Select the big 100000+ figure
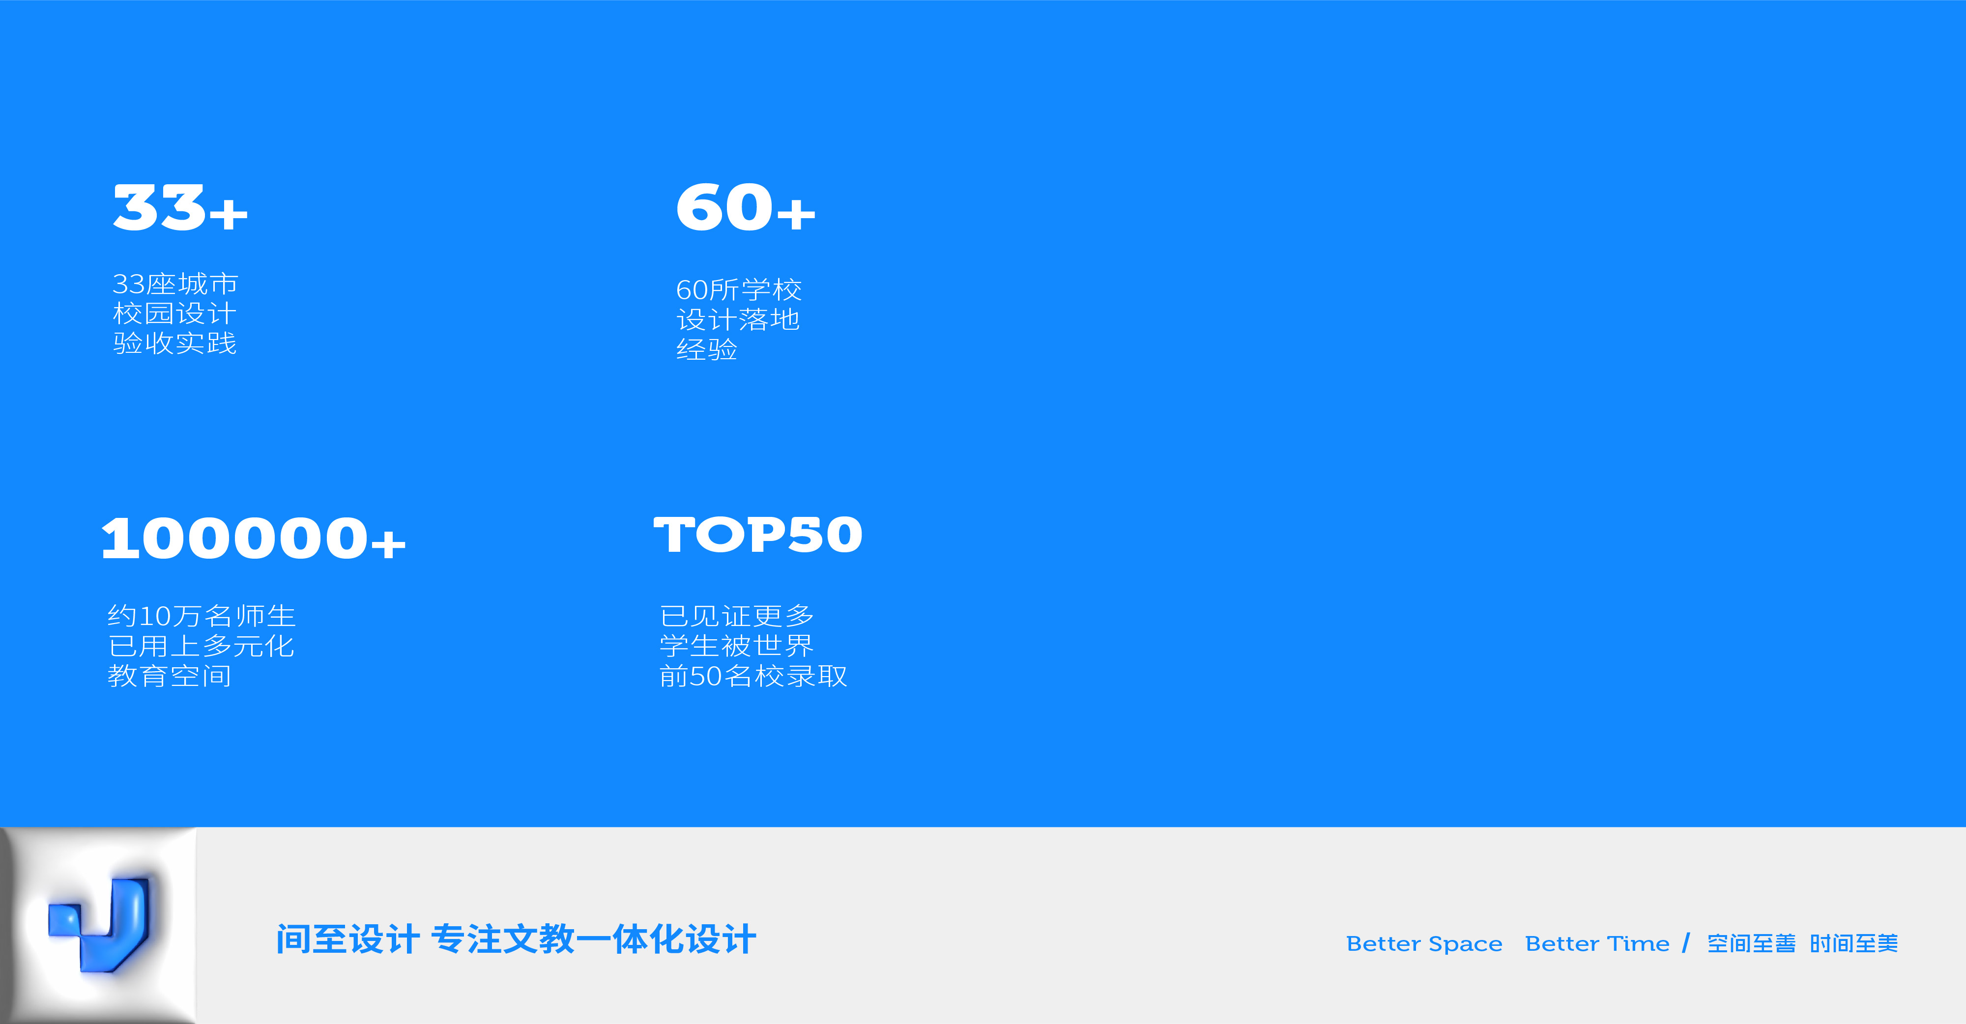click(x=254, y=539)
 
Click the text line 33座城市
click(x=175, y=284)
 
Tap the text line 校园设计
click(x=175, y=313)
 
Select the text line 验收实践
click(x=175, y=343)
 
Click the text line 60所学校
click(x=739, y=290)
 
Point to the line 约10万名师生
click(x=202, y=616)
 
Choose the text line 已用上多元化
click(x=201, y=646)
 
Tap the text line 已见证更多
click(x=737, y=616)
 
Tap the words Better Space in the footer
click(x=1424, y=944)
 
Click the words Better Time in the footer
click(x=1597, y=944)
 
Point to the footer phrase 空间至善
click(x=1752, y=944)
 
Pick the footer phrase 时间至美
click(x=1854, y=944)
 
